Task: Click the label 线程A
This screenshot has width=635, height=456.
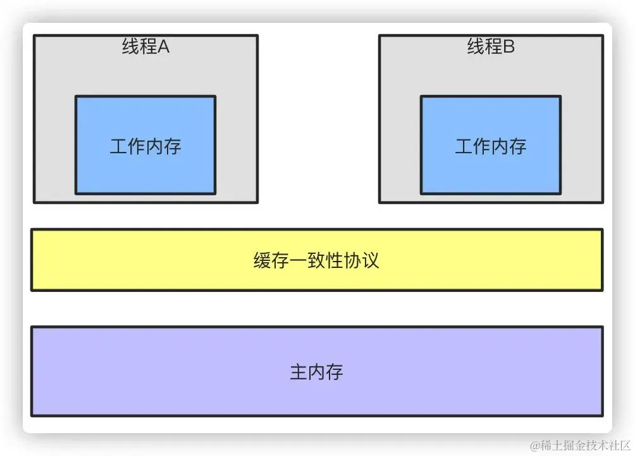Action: click(x=145, y=47)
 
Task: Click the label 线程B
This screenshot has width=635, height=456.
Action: click(x=491, y=47)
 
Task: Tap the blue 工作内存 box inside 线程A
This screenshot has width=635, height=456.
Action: click(x=145, y=171)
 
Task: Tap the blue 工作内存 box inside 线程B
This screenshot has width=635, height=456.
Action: click(x=491, y=171)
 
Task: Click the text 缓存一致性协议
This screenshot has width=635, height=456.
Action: click(x=316, y=260)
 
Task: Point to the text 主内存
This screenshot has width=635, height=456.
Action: click(x=316, y=372)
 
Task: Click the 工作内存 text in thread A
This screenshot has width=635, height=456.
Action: click(x=145, y=147)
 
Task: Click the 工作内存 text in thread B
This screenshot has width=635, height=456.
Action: click(x=491, y=147)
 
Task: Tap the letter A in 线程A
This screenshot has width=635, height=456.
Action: click(x=164, y=47)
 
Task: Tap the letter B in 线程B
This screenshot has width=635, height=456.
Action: click(x=509, y=47)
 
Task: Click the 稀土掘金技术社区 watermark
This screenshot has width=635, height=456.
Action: click(x=585, y=445)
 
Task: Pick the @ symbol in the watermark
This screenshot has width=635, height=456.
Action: click(x=536, y=445)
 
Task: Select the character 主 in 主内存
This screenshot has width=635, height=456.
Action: click(x=299, y=372)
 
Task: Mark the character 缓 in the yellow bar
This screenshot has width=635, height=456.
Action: click(x=263, y=260)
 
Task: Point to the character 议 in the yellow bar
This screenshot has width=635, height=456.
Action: click(x=370, y=260)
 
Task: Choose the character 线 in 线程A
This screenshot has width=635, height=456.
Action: click(x=131, y=47)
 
